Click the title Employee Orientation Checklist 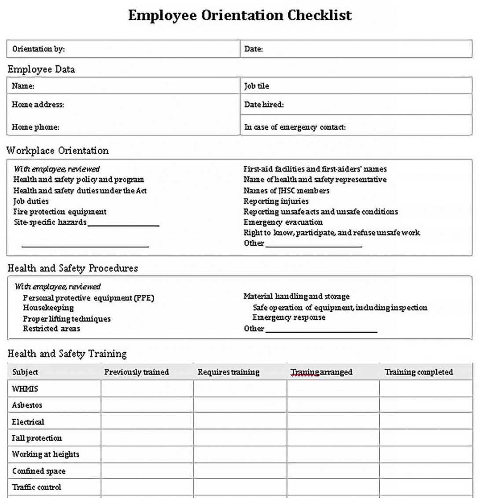pyautogui.click(x=240, y=15)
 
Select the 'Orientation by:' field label pyautogui.click(x=38, y=49)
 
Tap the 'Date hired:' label pyautogui.click(x=264, y=104)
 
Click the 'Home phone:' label pyautogui.click(x=35, y=127)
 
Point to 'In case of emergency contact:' pyautogui.click(x=295, y=127)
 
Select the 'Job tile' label pyautogui.click(x=257, y=86)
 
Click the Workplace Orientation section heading pyautogui.click(x=57, y=151)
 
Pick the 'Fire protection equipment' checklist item pyautogui.click(x=60, y=212)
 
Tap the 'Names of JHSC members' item pyautogui.click(x=286, y=190)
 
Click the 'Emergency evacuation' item pyautogui.click(x=283, y=222)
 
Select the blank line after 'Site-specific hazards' pyautogui.click(x=123, y=225)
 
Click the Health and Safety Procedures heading pyautogui.click(x=73, y=268)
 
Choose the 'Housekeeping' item pyautogui.click(x=48, y=308)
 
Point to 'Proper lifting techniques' pyautogui.click(x=66, y=319)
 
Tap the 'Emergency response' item pyautogui.click(x=289, y=317)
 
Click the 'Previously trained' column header pyautogui.click(x=136, y=372)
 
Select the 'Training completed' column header pyautogui.click(x=419, y=372)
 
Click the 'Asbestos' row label pyautogui.click(x=27, y=405)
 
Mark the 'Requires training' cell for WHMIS pyautogui.click(x=240, y=389)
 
